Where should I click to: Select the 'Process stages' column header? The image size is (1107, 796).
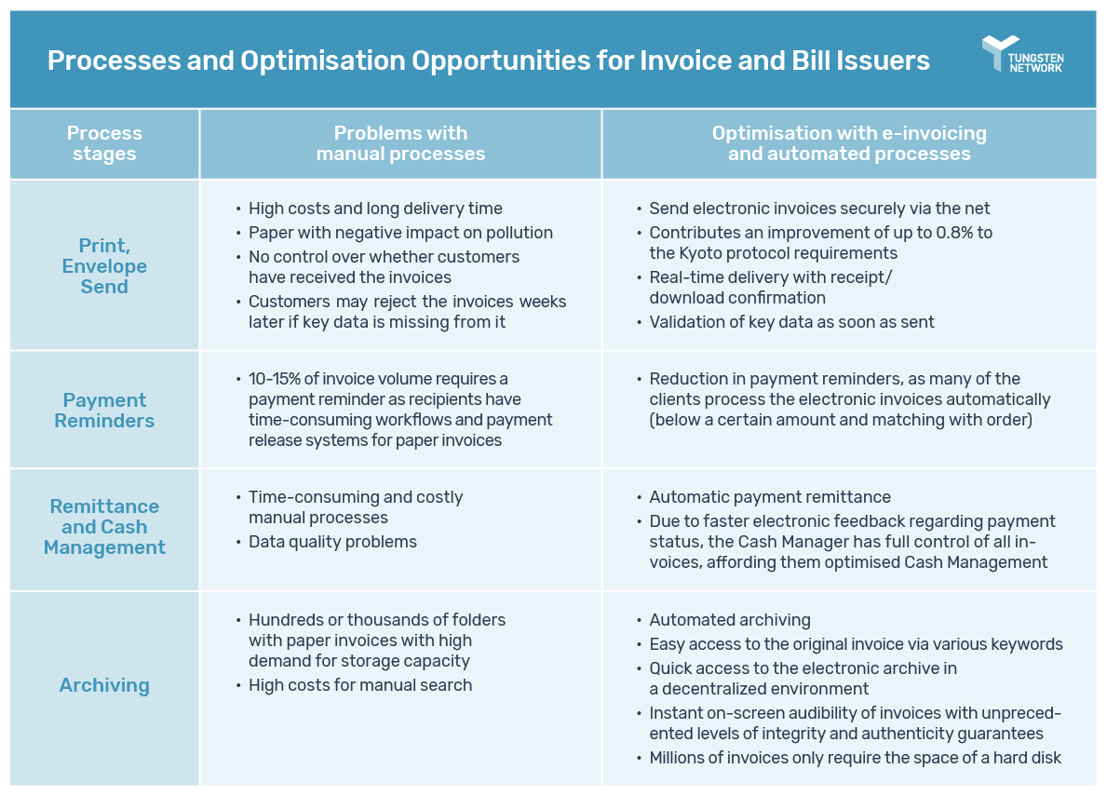[x=104, y=143]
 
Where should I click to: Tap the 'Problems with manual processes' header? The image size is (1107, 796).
[x=400, y=143]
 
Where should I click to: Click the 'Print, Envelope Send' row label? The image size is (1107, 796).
[x=104, y=266]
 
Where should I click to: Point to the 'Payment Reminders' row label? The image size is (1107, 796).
[x=104, y=410]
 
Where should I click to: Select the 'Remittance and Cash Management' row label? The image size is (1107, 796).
[x=104, y=527]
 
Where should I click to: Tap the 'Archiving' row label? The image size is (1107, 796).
[x=104, y=685]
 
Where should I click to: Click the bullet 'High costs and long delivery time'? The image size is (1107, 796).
[x=375, y=209]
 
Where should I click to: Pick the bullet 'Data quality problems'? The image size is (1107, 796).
[x=332, y=542]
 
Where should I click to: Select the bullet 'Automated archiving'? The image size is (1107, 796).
[x=729, y=620]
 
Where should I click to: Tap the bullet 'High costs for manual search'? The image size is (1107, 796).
[x=359, y=685]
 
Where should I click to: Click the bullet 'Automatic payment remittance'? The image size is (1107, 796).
[x=769, y=497]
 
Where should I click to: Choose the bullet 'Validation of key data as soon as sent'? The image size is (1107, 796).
[x=791, y=322]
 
